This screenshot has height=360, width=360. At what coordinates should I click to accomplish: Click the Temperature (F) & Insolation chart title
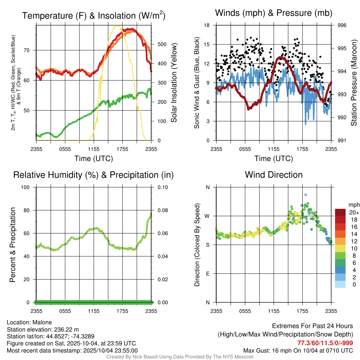(94, 16)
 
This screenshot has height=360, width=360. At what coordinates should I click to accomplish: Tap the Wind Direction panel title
(274, 175)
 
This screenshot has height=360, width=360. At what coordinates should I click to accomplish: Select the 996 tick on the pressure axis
(342, 25)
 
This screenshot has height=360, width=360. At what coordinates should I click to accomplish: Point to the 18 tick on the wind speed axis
(207, 25)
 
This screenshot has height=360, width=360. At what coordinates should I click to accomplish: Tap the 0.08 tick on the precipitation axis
(162, 210)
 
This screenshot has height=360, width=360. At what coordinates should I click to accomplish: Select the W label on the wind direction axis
(207, 216)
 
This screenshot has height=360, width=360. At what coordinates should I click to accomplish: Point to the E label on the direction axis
(208, 274)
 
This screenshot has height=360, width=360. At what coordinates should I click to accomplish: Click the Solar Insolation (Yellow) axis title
(174, 83)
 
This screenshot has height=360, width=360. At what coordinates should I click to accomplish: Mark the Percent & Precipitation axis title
(12, 245)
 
